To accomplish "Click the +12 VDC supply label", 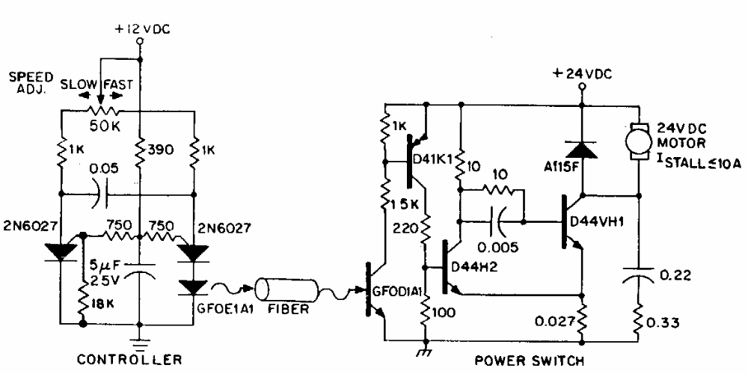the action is [141, 29].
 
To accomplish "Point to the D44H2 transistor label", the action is [475, 267].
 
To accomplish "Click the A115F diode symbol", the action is [581, 148].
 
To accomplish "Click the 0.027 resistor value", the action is [552, 322].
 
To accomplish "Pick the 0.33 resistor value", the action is [663, 323].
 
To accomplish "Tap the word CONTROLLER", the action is [129, 359].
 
